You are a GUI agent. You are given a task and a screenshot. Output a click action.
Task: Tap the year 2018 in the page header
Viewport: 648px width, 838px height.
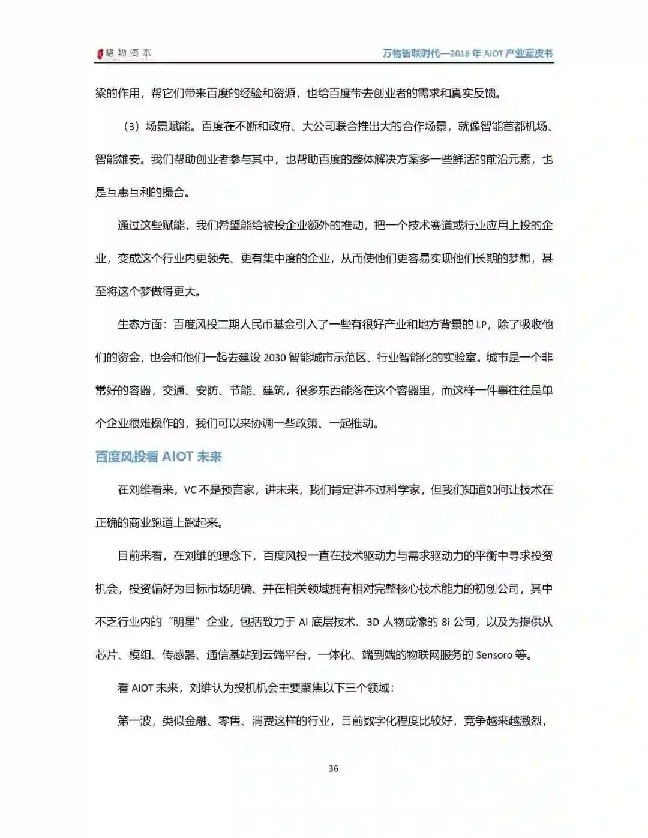[458, 53]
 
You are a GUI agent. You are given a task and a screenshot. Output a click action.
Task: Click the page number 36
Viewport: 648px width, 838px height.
[334, 768]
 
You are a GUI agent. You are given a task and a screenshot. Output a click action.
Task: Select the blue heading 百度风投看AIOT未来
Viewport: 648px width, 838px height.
[158, 457]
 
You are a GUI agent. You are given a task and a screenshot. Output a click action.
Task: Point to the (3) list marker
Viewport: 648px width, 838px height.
[131, 127]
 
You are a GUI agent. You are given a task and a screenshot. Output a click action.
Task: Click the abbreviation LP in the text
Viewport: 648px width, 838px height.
[481, 325]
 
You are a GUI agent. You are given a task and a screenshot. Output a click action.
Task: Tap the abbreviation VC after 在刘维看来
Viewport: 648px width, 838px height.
[190, 490]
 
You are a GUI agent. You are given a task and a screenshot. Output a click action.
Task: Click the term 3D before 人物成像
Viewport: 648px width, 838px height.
[373, 622]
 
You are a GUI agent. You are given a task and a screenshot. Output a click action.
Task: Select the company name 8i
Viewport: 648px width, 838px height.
[446, 622]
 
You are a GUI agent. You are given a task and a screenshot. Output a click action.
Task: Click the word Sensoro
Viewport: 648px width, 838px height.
[494, 655]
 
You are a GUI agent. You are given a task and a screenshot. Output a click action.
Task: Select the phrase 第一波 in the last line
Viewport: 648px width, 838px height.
[134, 721]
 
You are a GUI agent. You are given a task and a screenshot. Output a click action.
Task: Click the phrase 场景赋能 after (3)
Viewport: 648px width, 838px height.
[168, 127]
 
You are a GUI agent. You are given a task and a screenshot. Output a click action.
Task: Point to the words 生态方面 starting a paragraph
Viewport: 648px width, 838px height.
[140, 325]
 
